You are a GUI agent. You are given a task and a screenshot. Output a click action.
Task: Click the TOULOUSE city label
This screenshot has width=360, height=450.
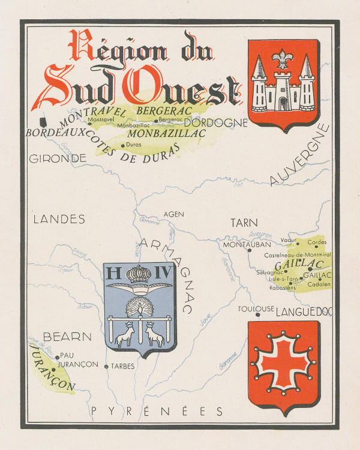[x=256, y=309]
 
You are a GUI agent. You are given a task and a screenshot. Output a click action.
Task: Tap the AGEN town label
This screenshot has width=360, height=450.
[x=174, y=214]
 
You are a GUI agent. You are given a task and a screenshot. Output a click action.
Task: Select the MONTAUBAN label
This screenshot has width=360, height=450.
[x=243, y=245]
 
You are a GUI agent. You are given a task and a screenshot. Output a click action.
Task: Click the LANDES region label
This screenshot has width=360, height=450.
[x=59, y=220]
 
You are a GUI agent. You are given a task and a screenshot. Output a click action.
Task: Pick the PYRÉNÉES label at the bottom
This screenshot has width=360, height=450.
[x=157, y=412]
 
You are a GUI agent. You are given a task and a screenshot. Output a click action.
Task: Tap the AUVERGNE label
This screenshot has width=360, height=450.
[x=299, y=155]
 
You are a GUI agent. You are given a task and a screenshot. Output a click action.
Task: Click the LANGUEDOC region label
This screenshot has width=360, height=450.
[x=304, y=311]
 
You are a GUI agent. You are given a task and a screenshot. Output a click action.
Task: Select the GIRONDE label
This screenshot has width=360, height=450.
[x=58, y=159]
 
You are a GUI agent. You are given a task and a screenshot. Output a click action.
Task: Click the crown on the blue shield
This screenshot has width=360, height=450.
[x=139, y=274]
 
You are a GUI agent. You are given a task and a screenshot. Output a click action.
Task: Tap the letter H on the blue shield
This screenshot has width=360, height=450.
[x=113, y=274]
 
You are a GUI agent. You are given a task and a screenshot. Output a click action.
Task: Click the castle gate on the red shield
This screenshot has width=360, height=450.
[x=283, y=103]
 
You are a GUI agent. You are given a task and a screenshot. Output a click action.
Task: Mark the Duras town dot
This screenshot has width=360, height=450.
[x=122, y=145]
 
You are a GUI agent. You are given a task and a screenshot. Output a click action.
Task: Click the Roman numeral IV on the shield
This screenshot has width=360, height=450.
[x=163, y=274]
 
